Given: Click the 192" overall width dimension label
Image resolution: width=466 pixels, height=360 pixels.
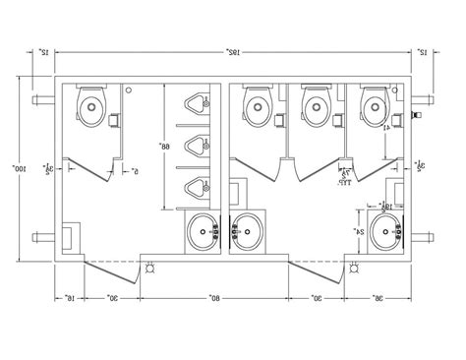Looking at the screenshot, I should (x=234, y=50).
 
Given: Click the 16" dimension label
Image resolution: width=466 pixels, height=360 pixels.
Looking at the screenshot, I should (x=67, y=297).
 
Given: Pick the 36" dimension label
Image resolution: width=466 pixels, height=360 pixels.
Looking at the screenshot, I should (x=379, y=297).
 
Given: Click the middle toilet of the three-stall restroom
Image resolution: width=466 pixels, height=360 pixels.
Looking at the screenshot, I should (x=315, y=104).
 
